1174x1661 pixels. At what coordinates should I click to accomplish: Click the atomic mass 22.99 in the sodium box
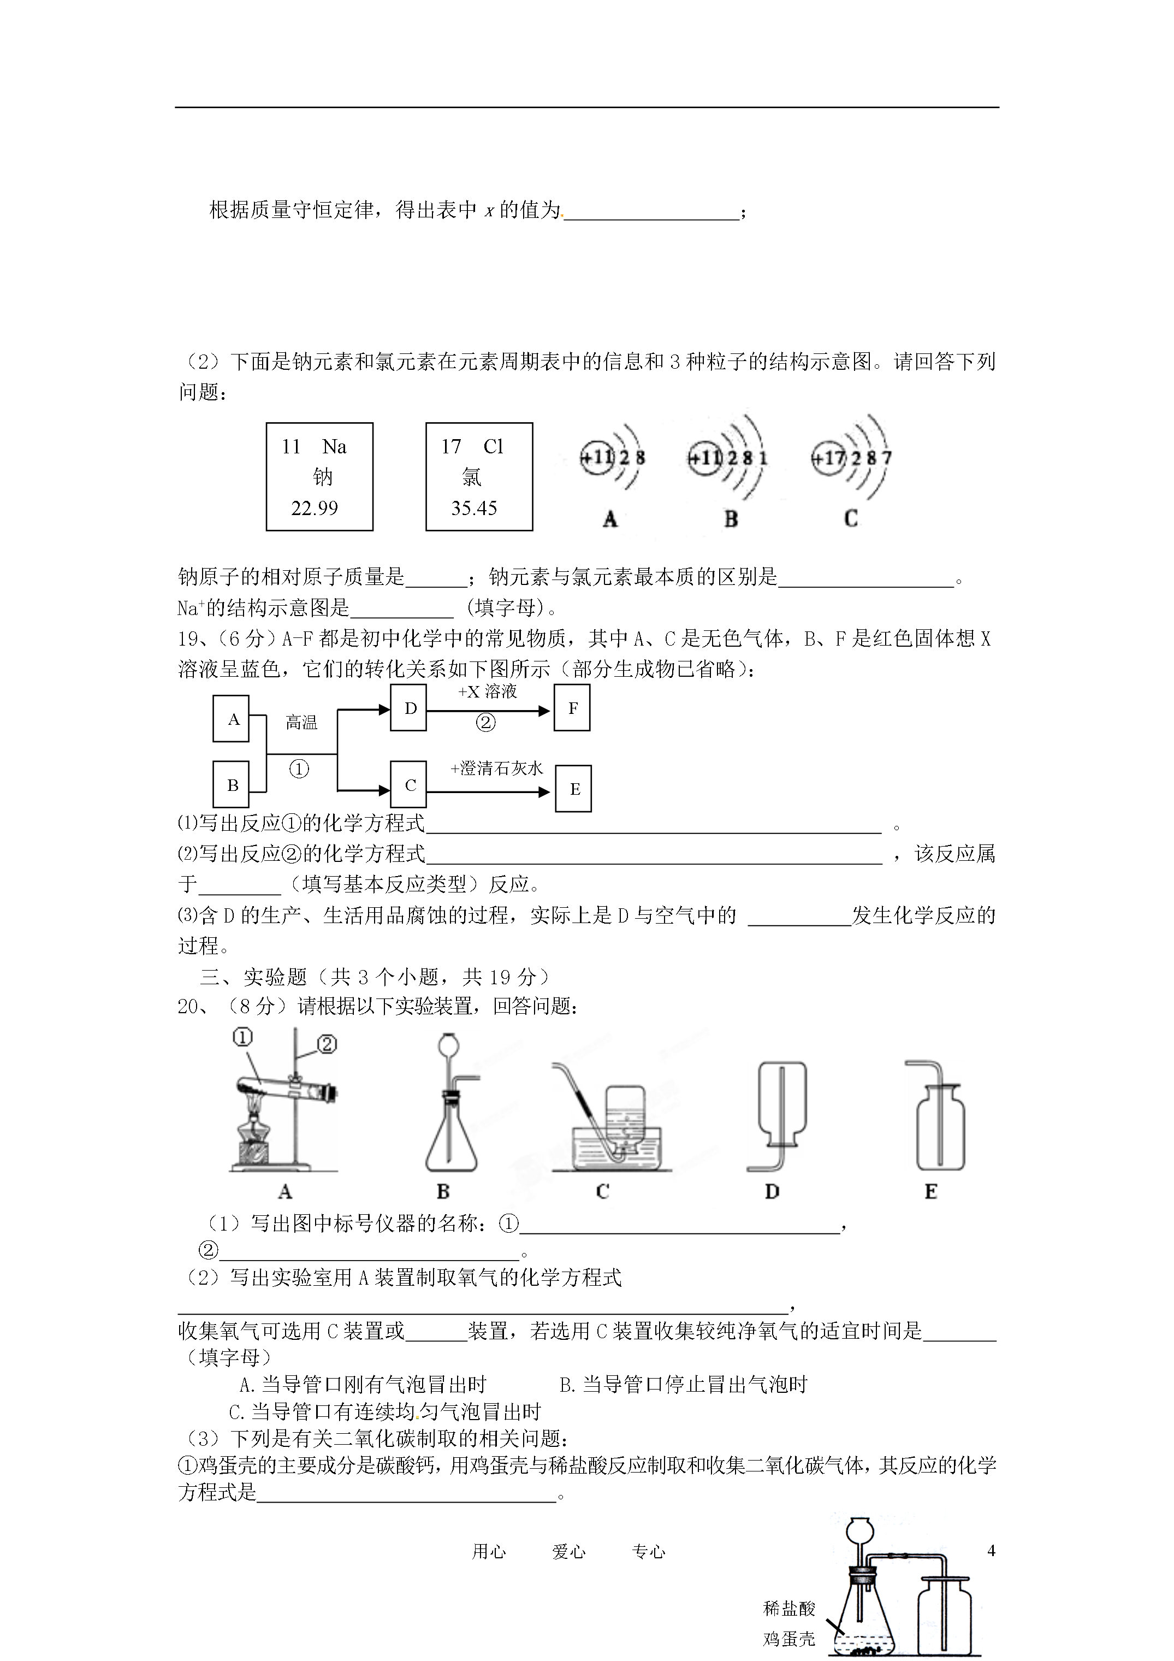coord(315,508)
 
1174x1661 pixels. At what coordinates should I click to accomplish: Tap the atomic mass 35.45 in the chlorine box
coord(474,508)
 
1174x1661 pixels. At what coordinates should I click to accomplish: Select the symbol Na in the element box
coord(334,446)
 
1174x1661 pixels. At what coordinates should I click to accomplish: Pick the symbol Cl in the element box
coord(493,446)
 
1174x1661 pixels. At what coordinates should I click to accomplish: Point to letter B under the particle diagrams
coord(731,519)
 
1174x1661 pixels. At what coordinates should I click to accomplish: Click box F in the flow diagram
coord(572,709)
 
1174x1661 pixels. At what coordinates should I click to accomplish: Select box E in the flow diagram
coord(573,789)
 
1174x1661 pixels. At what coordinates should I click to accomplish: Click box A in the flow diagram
coord(232,719)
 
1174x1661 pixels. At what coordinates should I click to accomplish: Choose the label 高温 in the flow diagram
coord(301,722)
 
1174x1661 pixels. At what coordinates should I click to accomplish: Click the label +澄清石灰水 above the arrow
coord(496,769)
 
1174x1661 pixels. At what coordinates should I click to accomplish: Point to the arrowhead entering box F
coord(546,711)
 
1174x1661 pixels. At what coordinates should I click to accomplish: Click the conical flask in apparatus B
coord(450,1143)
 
